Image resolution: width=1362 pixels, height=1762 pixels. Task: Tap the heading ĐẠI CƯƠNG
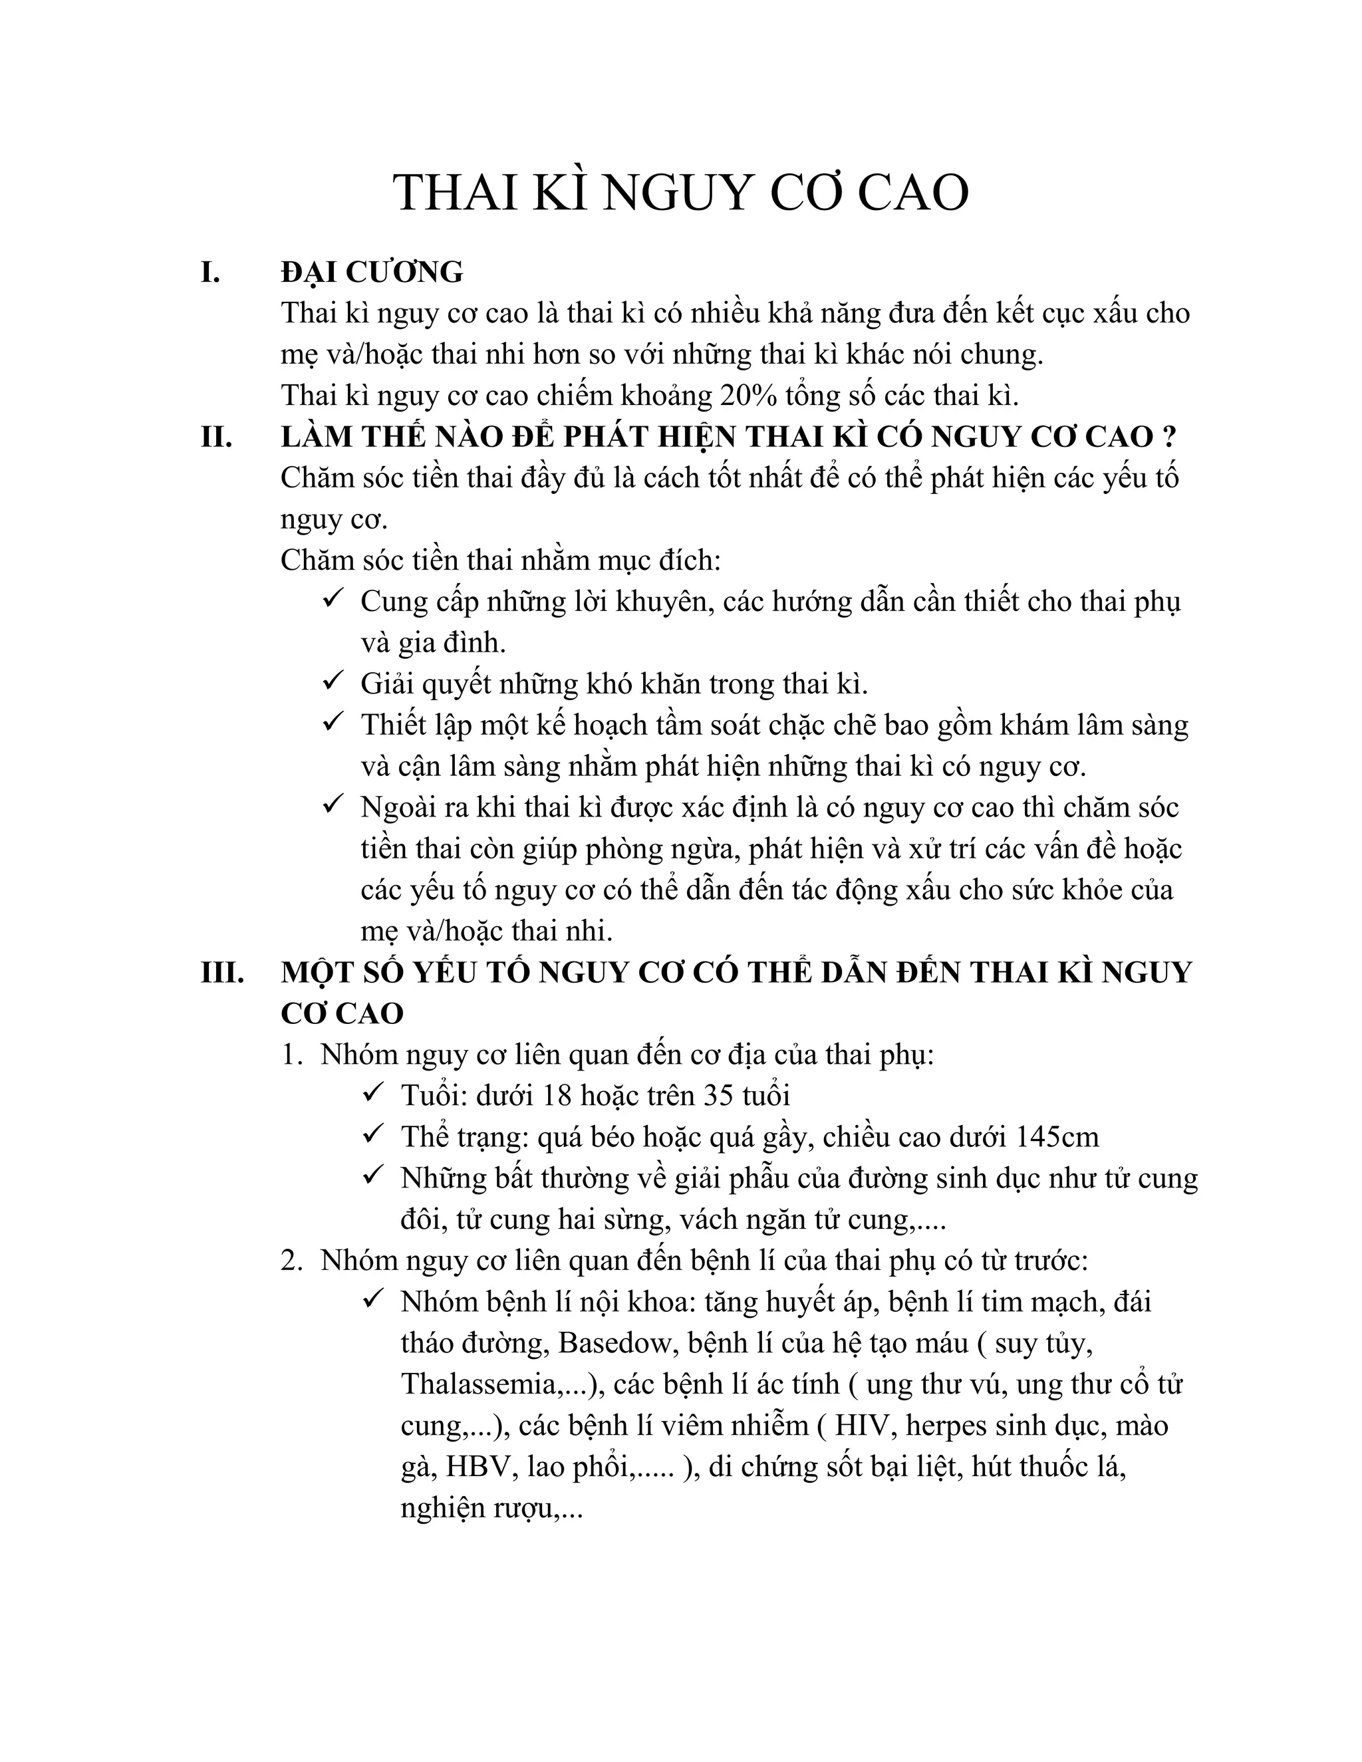tap(372, 273)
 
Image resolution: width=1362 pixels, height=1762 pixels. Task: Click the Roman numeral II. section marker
tap(216, 438)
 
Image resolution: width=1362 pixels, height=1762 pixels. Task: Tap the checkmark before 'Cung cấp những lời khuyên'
tap(333, 600)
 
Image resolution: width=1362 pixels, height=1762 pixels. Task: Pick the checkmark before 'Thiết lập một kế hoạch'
tap(333, 723)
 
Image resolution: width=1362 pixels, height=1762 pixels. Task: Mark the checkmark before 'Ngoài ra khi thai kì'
tap(333, 805)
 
